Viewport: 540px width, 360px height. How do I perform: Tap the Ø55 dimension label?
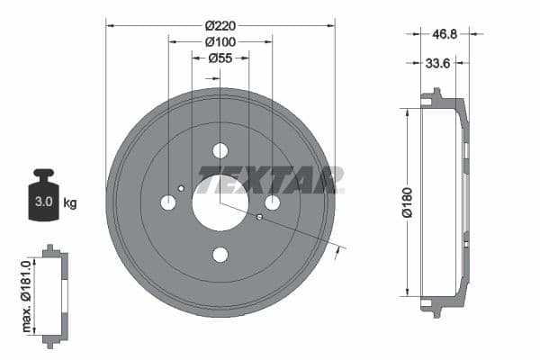[220, 58]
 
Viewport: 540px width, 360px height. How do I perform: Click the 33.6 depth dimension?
[438, 62]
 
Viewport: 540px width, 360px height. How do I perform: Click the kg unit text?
[70, 203]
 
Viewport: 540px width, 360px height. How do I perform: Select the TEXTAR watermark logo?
[269, 181]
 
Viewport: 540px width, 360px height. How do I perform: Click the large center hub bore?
[220, 203]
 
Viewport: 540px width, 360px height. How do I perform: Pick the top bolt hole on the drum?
[220, 150]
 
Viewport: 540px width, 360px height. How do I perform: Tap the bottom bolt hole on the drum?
[220, 255]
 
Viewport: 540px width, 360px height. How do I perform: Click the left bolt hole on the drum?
[168, 202]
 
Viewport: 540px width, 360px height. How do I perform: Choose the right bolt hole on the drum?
[273, 202]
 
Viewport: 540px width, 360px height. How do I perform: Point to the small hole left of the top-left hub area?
[182, 188]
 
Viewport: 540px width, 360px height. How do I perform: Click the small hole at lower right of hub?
[259, 217]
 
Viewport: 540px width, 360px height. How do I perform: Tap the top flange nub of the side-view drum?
[436, 93]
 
